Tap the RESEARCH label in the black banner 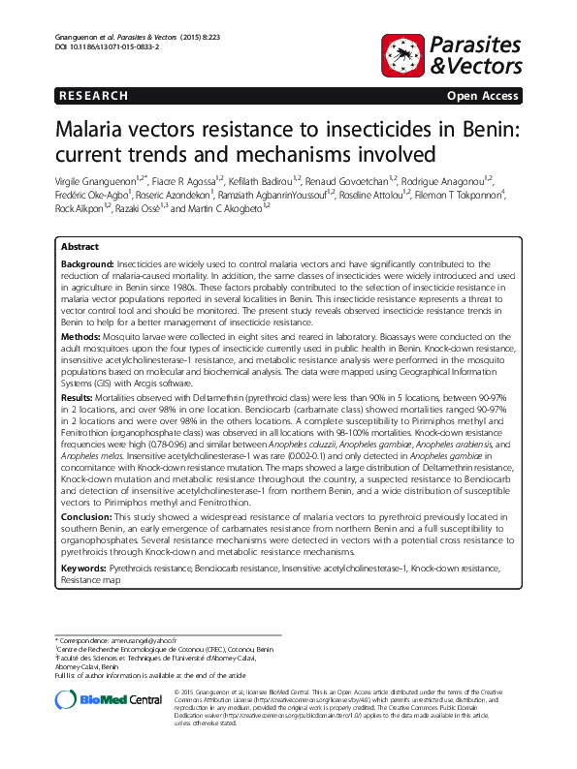[x=93, y=95]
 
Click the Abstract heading [x=80, y=247]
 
